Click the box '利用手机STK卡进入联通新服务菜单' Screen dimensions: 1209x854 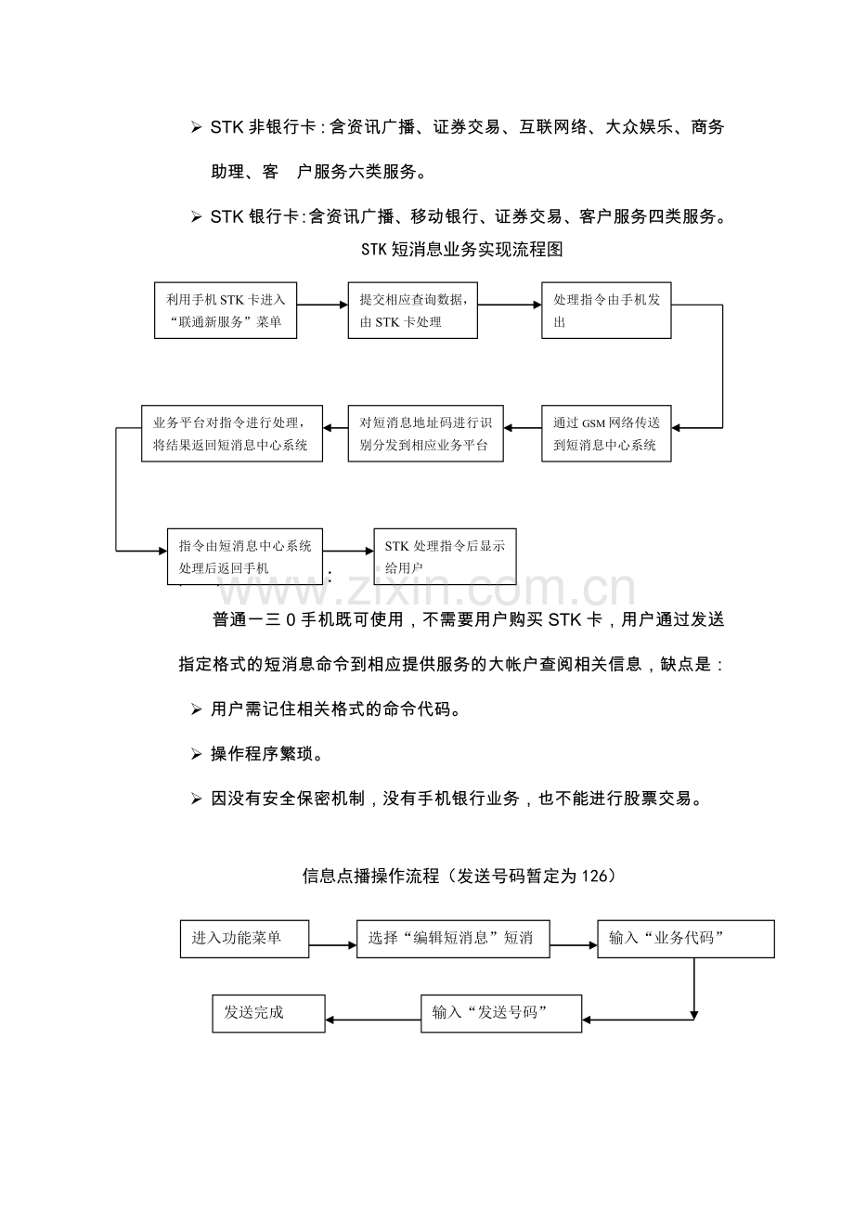point(226,310)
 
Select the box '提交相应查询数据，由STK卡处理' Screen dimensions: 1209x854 point(413,310)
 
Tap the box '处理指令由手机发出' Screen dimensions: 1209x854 point(606,310)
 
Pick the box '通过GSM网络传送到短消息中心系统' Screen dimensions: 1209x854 point(606,434)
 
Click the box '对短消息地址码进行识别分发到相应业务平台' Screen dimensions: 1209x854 point(426,434)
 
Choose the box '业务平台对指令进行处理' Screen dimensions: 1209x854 point(232,434)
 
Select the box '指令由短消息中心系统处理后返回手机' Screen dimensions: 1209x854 point(245,556)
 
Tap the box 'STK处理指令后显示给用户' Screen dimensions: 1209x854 point(445,556)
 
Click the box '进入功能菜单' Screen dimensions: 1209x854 point(244,938)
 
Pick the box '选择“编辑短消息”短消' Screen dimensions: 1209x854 point(453,938)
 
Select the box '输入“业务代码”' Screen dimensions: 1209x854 point(685,938)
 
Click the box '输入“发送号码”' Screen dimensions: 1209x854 point(501,1013)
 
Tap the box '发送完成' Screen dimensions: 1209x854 point(268,1013)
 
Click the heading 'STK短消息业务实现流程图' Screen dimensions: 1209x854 point(461,251)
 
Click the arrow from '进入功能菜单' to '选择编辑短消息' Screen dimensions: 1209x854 point(332,945)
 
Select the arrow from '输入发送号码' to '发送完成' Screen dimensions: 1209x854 point(372,1020)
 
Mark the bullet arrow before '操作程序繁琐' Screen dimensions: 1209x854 point(196,754)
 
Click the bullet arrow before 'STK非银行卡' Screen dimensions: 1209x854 point(196,128)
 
